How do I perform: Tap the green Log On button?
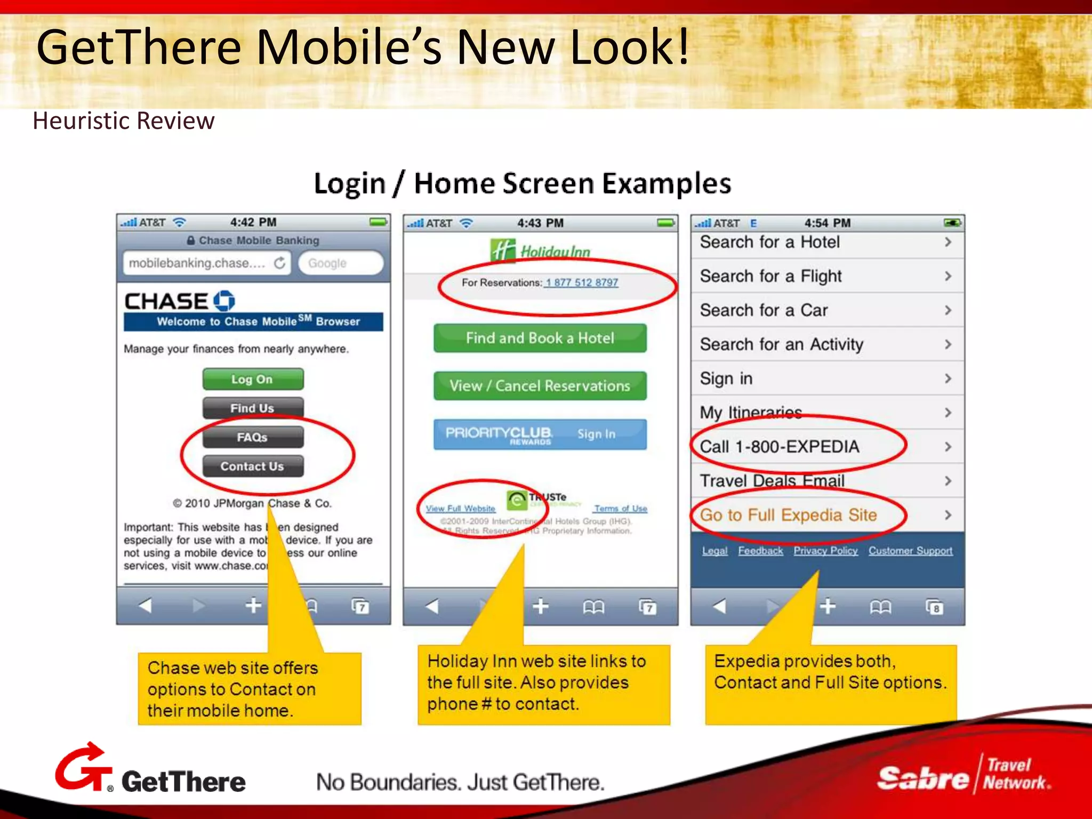tap(253, 380)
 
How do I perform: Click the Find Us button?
tap(253, 408)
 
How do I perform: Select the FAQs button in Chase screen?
tap(253, 437)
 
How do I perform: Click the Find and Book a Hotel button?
tap(540, 338)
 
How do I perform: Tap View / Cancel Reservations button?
tap(540, 386)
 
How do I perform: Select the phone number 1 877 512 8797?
tap(582, 283)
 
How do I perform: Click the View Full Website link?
tap(461, 509)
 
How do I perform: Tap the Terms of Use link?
tap(621, 509)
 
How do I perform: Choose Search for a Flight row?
tap(826, 276)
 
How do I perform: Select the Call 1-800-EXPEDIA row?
tap(826, 447)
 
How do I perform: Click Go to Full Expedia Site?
tap(826, 515)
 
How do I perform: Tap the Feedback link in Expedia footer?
tap(760, 551)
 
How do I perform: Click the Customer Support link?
tap(910, 551)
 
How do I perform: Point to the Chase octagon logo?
tap(224, 301)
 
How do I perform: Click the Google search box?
tap(340, 263)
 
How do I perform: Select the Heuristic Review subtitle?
tap(124, 121)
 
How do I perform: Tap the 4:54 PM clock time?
tap(827, 223)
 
